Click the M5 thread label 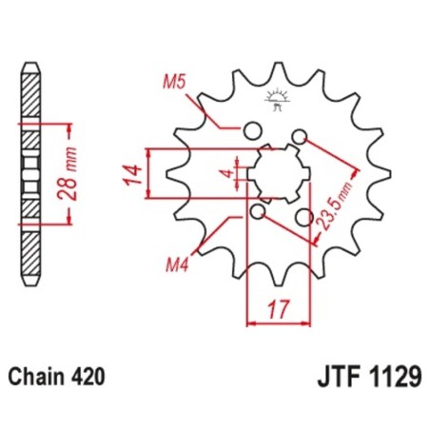pos(170,84)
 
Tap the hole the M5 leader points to pos(252,130)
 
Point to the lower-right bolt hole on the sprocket pos(303,218)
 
